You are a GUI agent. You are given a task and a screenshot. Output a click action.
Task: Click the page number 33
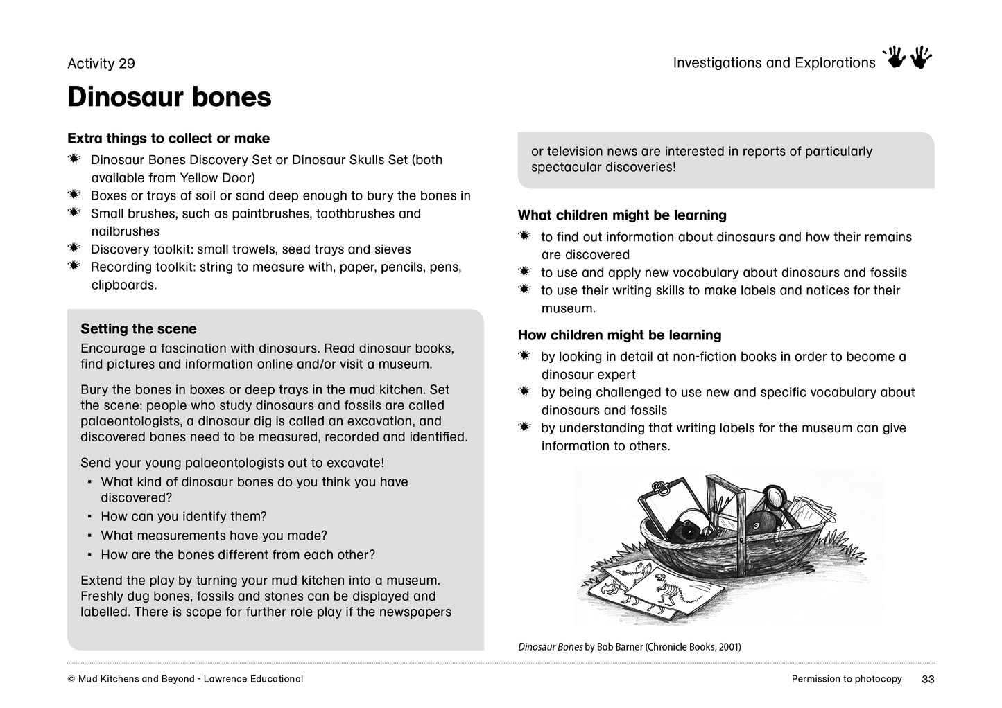(x=928, y=680)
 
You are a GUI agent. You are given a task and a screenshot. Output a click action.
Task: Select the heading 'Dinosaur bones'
(x=169, y=97)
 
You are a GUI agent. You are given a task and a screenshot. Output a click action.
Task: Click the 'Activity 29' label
(x=101, y=64)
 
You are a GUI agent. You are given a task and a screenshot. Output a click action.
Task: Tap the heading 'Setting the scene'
(x=139, y=329)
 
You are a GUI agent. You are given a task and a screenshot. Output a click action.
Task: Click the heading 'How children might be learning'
(x=619, y=335)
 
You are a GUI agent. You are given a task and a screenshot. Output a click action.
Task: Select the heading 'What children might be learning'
(x=622, y=215)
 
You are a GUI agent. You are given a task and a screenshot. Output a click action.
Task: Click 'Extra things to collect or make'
(x=169, y=139)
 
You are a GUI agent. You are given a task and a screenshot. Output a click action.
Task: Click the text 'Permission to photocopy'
(x=847, y=679)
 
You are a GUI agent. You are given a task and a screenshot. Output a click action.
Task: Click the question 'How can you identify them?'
(x=184, y=517)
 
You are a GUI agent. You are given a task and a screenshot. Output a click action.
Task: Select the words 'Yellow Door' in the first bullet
(x=217, y=177)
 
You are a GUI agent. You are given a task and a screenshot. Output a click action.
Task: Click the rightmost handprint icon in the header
(x=922, y=58)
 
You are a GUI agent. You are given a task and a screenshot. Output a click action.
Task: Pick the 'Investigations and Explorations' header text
(x=774, y=63)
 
